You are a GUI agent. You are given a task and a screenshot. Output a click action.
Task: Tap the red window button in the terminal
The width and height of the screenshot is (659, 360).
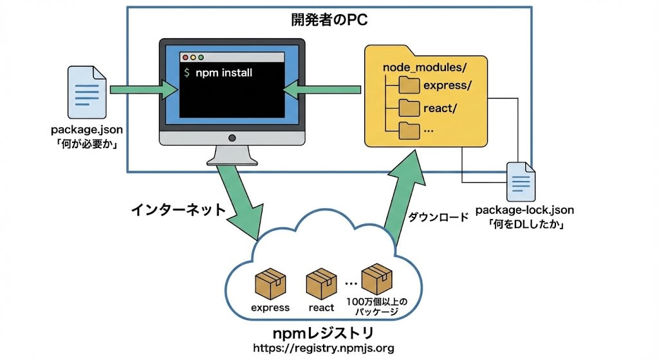tap(186, 57)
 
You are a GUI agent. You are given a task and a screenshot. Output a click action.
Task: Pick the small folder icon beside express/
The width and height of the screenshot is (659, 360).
tap(409, 86)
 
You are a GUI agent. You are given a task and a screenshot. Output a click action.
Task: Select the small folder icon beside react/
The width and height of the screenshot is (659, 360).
tap(409, 108)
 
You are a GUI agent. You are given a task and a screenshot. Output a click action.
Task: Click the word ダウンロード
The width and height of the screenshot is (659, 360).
tap(438, 218)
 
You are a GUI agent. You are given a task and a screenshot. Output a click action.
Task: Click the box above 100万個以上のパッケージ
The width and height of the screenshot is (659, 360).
tap(376, 278)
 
